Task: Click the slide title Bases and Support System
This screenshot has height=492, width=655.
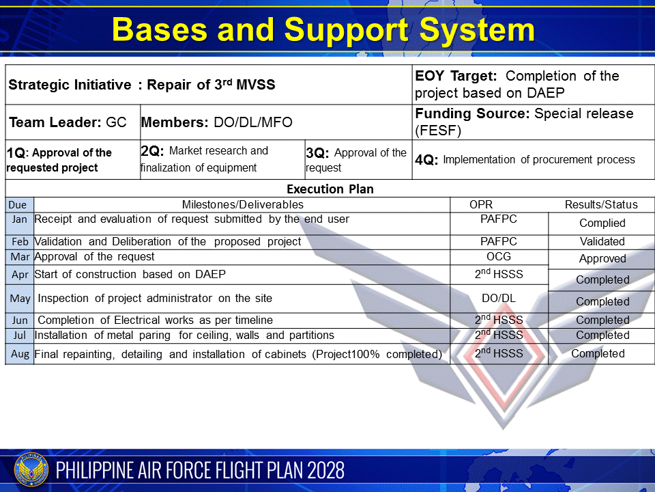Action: (x=323, y=30)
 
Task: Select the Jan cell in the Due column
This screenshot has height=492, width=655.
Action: (x=20, y=219)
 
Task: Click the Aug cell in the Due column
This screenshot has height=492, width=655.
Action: (x=20, y=354)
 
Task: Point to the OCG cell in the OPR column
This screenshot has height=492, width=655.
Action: (x=499, y=257)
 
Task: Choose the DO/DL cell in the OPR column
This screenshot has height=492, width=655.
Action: (x=499, y=298)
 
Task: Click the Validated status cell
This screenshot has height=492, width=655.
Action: (x=602, y=241)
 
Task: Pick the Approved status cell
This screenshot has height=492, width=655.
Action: (x=602, y=259)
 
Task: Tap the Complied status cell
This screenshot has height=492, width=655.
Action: (x=602, y=223)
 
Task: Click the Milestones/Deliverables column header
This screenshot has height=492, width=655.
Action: (x=242, y=204)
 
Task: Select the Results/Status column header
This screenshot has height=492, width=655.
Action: (x=601, y=204)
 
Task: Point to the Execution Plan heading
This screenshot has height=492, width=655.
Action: (x=330, y=189)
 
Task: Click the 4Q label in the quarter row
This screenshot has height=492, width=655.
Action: (x=426, y=161)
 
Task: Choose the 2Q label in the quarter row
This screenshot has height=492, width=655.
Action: (x=152, y=151)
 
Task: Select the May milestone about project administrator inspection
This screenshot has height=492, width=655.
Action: (x=155, y=298)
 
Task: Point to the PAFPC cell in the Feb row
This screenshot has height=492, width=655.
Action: (x=499, y=241)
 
